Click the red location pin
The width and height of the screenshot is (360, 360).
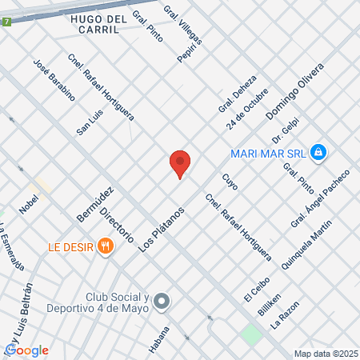tap(180, 164)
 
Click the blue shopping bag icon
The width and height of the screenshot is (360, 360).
tap(318, 151)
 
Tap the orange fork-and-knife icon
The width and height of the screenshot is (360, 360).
tap(104, 246)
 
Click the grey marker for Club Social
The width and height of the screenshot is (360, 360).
tap(162, 302)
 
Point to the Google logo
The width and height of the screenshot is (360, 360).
tap(26, 350)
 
